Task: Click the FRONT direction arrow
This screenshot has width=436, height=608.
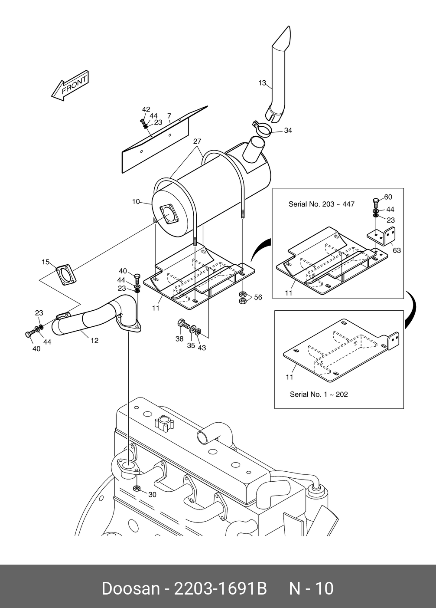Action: coord(70,85)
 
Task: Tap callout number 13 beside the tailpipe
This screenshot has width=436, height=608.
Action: coord(262,83)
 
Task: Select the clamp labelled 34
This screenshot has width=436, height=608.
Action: coord(262,128)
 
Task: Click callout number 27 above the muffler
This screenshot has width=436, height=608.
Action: coord(197,141)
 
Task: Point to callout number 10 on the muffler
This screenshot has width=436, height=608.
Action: coord(136,202)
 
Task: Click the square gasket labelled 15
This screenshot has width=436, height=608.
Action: coord(66,275)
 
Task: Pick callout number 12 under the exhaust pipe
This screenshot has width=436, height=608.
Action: coord(94,340)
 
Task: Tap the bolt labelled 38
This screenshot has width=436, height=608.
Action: coord(184,324)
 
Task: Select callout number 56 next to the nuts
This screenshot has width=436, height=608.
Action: coord(258,297)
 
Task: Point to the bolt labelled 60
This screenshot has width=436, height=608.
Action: coord(376,202)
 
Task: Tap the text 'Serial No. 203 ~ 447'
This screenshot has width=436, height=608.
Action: coord(321,204)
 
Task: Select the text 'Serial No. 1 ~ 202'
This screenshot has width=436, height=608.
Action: coord(319,394)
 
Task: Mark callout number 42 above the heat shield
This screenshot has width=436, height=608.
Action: coord(146,109)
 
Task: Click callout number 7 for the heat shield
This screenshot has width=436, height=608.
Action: coord(169,116)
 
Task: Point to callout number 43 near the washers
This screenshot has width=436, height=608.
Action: coord(202,348)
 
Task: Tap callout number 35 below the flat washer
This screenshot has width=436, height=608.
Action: coord(191,345)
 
